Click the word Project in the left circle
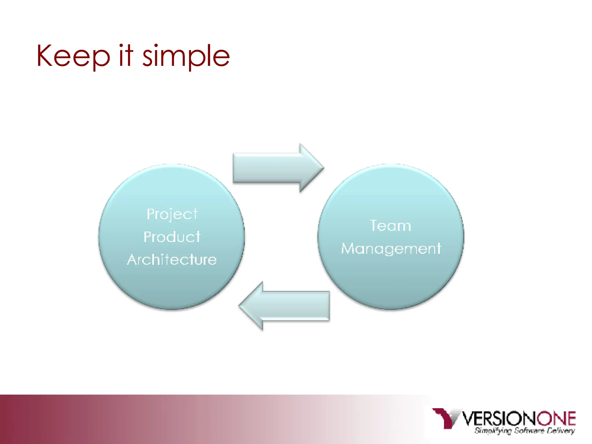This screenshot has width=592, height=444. [172, 214]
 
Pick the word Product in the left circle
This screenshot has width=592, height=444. [172, 237]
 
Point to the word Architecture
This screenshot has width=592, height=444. [172, 260]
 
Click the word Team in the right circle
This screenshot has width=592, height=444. [391, 226]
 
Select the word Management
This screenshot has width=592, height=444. [391, 249]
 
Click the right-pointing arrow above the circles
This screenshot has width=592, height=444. [275, 168]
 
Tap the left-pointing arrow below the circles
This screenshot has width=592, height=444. [289, 306]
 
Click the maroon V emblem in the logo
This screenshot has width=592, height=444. [445, 417]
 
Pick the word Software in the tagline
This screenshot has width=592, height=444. [530, 431]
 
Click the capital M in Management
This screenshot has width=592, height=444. [349, 249]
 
